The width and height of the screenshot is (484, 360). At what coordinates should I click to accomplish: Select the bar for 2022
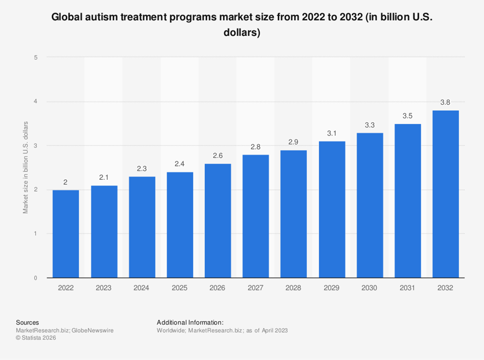click(x=66, y=233)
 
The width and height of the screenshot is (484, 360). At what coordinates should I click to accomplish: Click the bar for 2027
click(x=256, y=216)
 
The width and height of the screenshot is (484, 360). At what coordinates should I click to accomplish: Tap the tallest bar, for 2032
click(x=445, y=194)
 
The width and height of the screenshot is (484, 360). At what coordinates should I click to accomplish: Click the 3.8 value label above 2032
click(x=445, y=103)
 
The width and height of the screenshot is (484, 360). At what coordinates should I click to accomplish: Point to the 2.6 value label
click(x=217, y=156)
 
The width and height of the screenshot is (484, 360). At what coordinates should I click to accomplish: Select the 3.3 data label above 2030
click(x=369, y=125)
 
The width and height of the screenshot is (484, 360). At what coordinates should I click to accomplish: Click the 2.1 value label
click(x=104, y=178)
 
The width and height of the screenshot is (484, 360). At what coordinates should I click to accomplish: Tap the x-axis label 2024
click(x=141, y=288)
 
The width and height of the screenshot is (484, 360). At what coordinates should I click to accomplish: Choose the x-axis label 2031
click(x=408, y=288)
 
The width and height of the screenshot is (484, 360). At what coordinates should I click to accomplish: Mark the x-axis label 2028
click(x=293, y=288)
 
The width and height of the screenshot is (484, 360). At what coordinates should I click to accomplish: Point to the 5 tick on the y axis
click(x=36, y=58)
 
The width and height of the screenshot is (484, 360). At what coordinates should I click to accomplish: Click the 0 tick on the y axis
click(x=36, y=278)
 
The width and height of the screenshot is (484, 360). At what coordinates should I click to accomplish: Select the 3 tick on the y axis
click(x=36, y=145)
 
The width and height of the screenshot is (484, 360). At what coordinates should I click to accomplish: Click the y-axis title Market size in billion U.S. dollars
click(x=25, y=167)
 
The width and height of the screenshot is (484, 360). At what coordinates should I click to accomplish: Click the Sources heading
click(x=27, y=322)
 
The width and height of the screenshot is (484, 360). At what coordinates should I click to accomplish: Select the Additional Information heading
click(x=190, y=322)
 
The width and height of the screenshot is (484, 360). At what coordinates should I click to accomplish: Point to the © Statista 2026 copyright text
click(x=36, y=338)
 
